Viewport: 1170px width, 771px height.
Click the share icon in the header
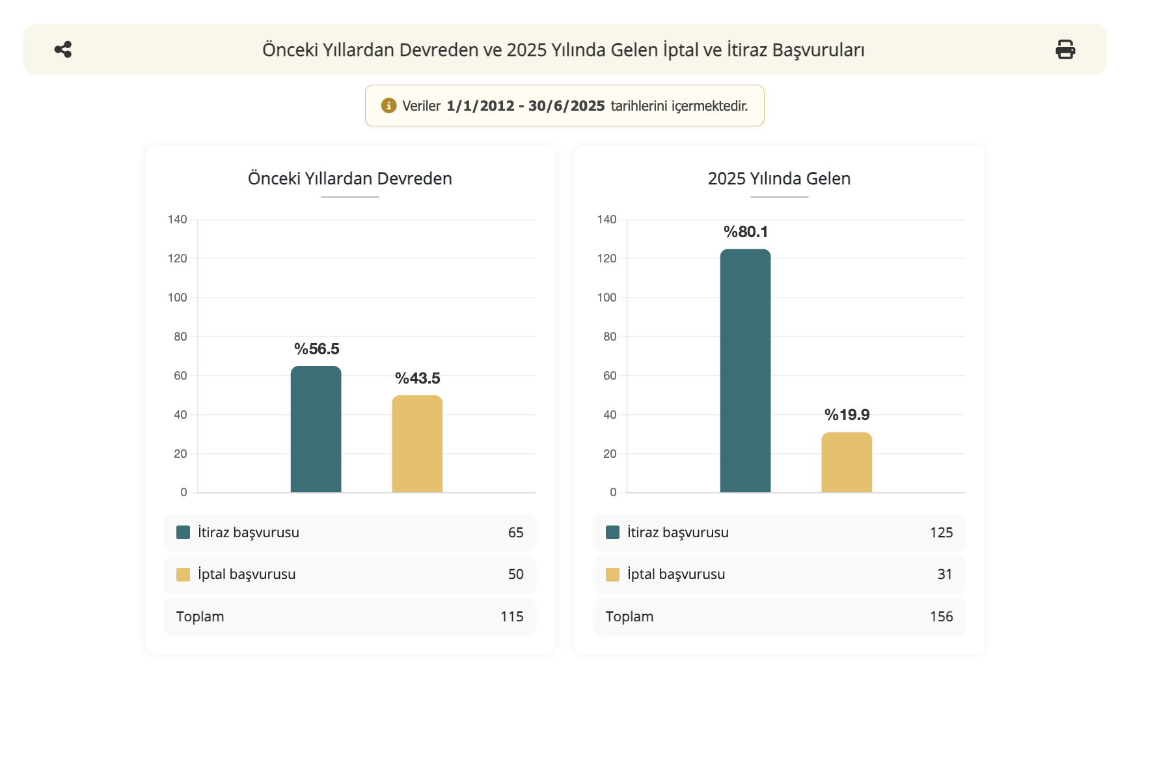tap(63, 49)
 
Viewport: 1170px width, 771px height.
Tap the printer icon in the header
tap(1065, 49)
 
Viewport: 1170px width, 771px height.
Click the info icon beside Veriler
tap(388, 105)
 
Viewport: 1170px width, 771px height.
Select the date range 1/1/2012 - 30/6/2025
tap(525, 105)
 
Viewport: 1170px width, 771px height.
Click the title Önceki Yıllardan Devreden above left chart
tap(349, 178)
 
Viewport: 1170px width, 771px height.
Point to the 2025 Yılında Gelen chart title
tap(779, 178)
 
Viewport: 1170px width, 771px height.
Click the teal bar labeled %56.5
tap(316, 430)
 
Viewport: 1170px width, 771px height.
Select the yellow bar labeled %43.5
tap(417, 444)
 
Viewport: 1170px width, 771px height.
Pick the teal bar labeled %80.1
tap(745, 371)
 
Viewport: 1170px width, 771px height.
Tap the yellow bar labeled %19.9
tap(847, 462)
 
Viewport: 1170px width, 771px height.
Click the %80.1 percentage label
tap(746, 232)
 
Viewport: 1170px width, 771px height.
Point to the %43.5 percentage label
tap(417, 378)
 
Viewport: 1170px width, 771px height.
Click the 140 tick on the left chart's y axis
tap(177, 219)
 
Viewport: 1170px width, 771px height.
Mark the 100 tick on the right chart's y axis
tap(606, 298)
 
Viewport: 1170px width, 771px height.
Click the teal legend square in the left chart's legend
tap(183, 533)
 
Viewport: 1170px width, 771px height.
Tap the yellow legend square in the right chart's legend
tap(612, 574)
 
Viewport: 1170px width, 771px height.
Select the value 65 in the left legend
tap(515, 533)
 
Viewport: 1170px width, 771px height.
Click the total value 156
tap(941, 617)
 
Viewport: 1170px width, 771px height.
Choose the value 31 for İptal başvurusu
tap(944, 574)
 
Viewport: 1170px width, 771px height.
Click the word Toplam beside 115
tap(200, 617)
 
